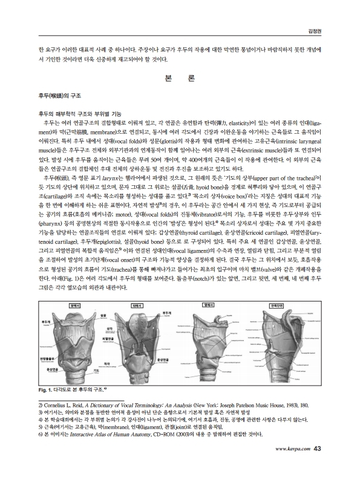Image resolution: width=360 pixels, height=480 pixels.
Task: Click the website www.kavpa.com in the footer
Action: [294, 465]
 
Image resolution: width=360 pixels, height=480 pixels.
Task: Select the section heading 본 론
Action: [179, 79]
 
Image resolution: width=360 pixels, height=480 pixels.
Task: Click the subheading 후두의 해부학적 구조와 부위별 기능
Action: [79, 113]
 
